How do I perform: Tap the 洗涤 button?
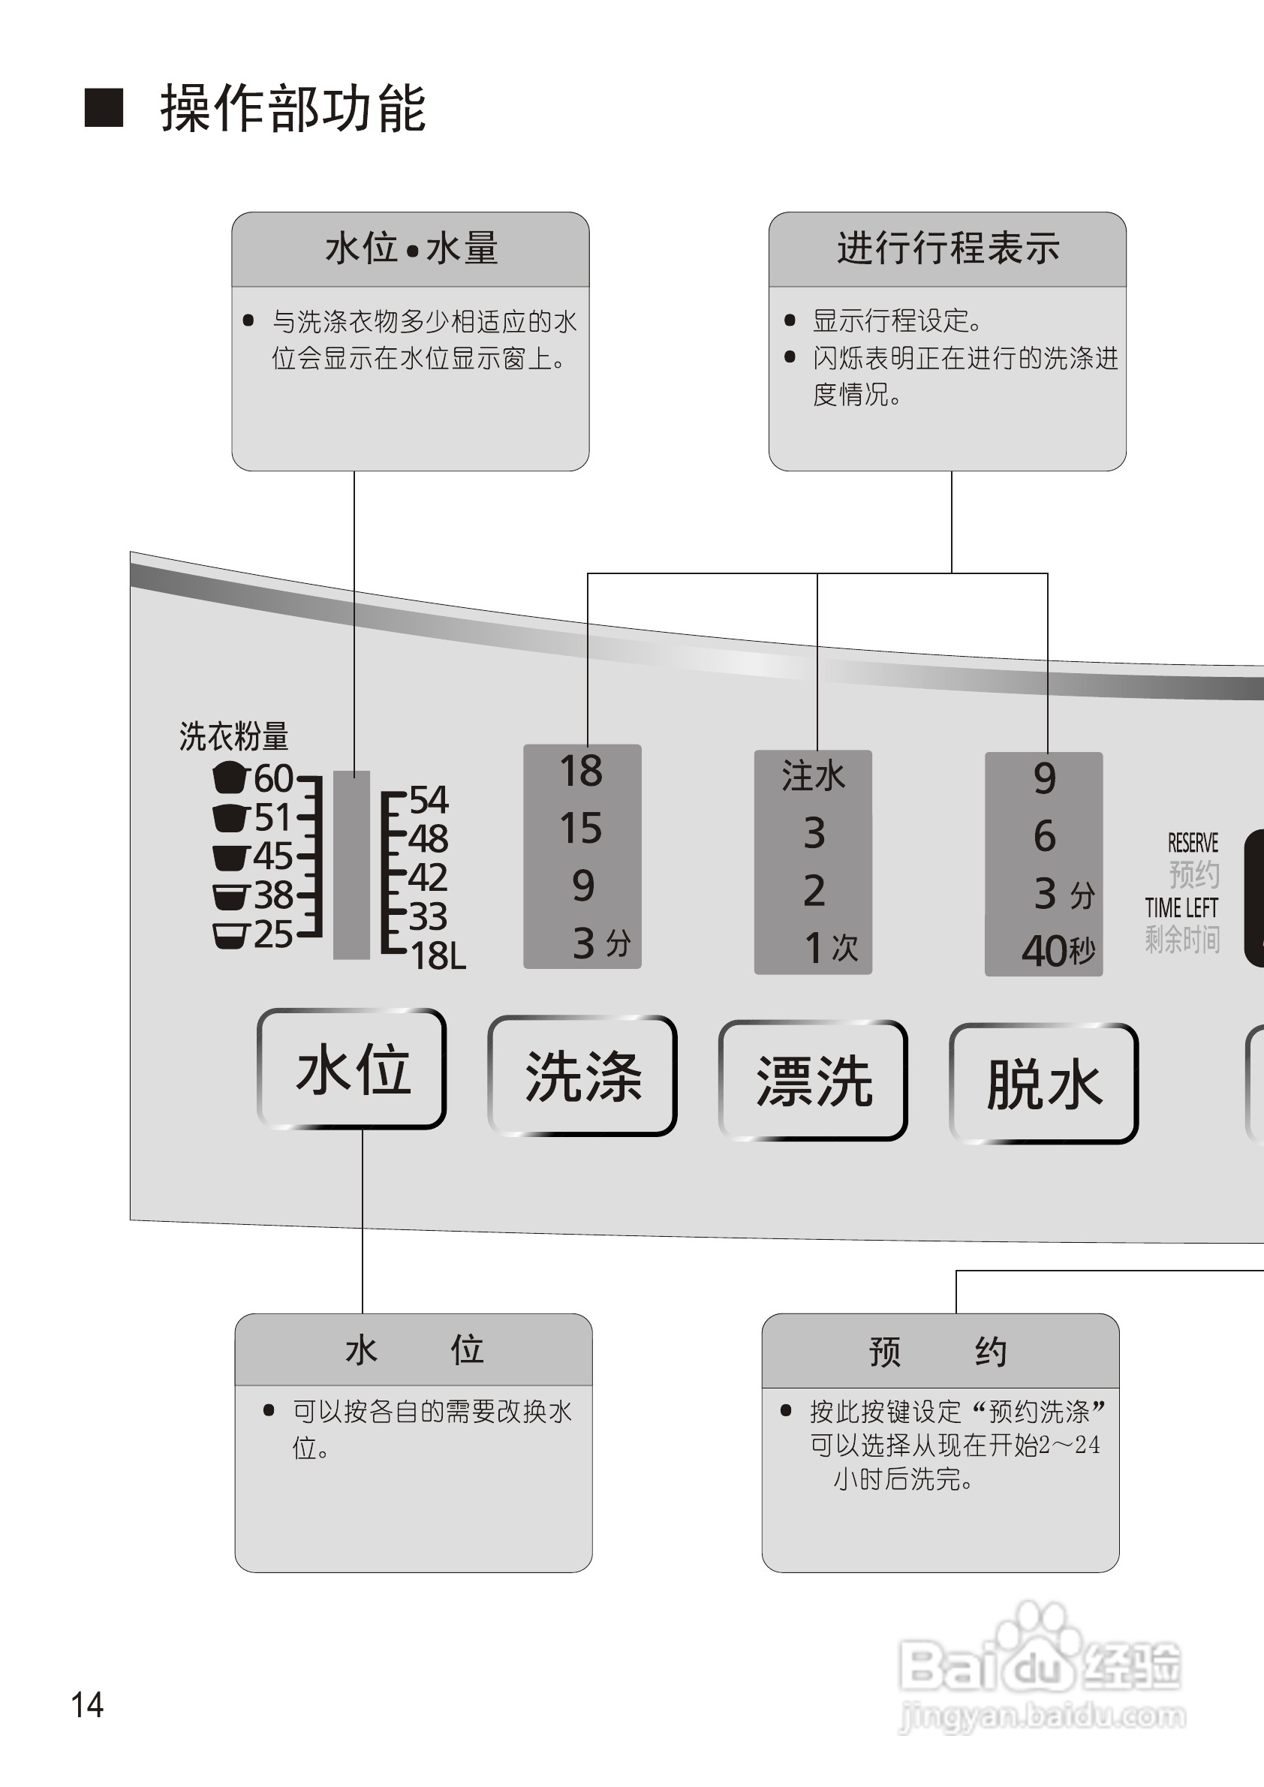click(x=582, y=1076)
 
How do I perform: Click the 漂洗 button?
click(x=814, y=1081)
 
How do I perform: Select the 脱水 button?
click(x=1044, y=1085)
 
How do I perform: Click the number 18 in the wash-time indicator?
click(x=581, y=772)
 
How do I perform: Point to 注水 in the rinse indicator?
click(x=813, y=777)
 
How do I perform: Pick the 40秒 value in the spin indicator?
click(x=1058, y=950)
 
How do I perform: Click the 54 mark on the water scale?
click(x=429, y=799)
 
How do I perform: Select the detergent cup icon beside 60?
click(x=229, y=776)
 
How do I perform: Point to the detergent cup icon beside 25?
click(x=230, y=934)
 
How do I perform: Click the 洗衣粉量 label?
click(x=233, y=736)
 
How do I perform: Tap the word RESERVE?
click(x=1193, y=843)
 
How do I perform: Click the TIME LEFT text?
click(x=1181, y=907)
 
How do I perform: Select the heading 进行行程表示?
click(x=948, y=248)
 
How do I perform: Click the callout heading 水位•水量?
click(x=411, y=249)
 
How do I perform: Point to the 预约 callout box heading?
click(x=939, y=1352)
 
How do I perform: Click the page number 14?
click(x=87, y=1705)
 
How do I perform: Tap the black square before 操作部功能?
click(x=104, y=107)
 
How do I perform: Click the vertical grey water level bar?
click(x=351, y=865)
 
